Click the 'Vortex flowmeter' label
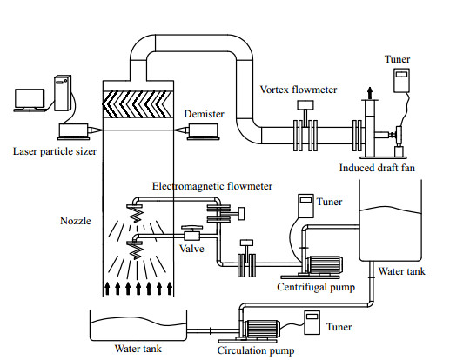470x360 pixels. [299, 90]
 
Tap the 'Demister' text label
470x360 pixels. [205, 114]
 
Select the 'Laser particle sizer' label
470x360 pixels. [55, 151]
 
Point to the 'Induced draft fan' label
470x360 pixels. [377, 168]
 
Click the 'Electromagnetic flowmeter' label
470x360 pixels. [212, 186]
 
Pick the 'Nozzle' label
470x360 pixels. [76, 221]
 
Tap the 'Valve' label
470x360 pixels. [191, 249]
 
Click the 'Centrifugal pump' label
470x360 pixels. [316, 287]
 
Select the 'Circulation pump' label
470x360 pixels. [256, 350]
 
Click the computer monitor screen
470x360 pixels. [30, 98]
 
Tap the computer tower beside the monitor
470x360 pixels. [63, 93]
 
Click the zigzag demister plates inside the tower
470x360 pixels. [138, 104]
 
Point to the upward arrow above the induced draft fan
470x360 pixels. [370, 93]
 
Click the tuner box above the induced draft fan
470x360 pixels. [401, 80]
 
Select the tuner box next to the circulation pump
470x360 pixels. [312, 323]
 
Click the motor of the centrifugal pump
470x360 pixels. [326, 265]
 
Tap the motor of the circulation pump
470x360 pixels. [263, 330]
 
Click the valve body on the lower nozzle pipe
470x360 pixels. [191, 236]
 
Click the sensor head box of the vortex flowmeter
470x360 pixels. [305, 105]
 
